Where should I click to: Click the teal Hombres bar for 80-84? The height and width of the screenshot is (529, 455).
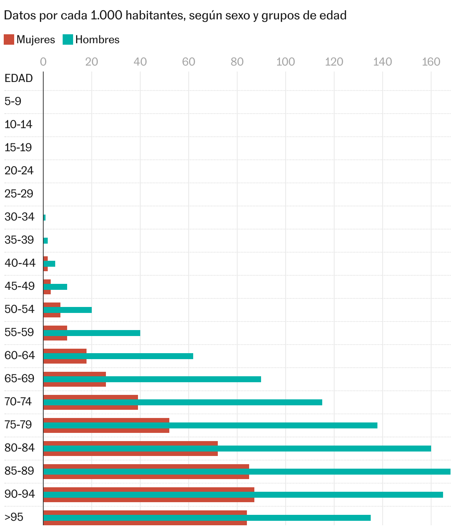click(x=237, y=449)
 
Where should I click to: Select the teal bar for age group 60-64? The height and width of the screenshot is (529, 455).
click(x=118, y=356)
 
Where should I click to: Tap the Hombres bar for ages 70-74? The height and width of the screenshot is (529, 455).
click(x=183, y=402)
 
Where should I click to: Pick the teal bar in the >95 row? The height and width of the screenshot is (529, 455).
click(x=207, y=518)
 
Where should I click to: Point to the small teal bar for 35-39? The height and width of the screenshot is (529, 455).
click(x=45, y=241)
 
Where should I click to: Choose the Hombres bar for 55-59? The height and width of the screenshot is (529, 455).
click(x=92, y=333)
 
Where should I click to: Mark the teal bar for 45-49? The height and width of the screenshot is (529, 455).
click(x=55, y=287)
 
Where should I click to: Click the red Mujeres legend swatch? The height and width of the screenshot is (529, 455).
click(x=9, y=39)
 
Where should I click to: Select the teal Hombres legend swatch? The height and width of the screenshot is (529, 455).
click(x=68, y=39)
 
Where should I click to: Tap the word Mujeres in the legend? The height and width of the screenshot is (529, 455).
click(x=36, y=40)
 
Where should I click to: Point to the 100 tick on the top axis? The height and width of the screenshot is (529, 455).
click(x=286, y=62)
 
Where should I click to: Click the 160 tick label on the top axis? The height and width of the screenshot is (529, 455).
click(x=431, y=62)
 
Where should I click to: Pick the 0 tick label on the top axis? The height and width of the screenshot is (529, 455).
click(x=43, y=62)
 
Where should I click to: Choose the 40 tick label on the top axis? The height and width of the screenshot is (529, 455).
click(x=140, y=62)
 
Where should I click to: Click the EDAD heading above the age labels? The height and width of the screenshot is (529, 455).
click(x=19, y=78)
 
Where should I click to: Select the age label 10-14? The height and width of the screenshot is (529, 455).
click(x=18, y=124)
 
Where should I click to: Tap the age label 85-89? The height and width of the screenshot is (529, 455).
click(x=19, y=471)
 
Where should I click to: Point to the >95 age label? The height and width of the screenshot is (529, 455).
click(x=14, y=517)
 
